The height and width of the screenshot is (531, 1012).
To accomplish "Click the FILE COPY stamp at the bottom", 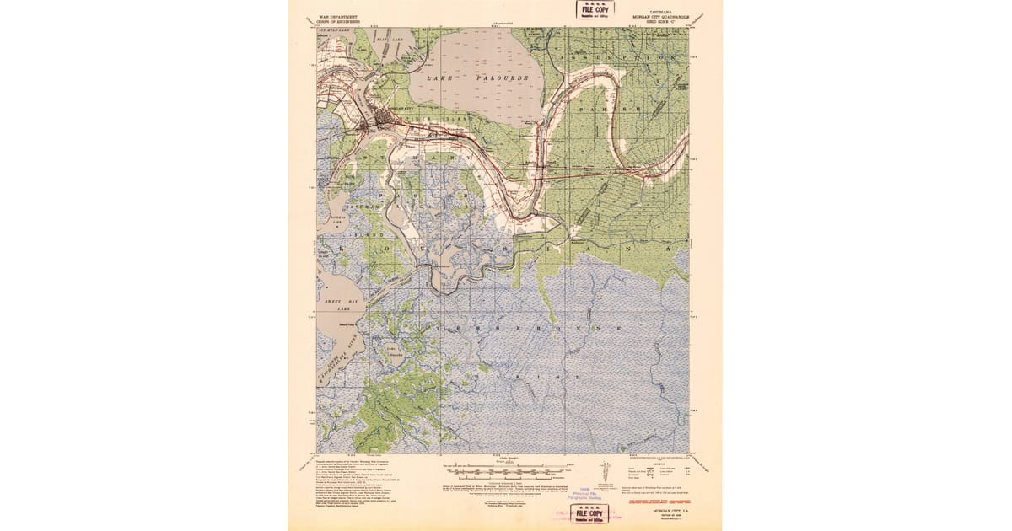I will click(x=589, y=512).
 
